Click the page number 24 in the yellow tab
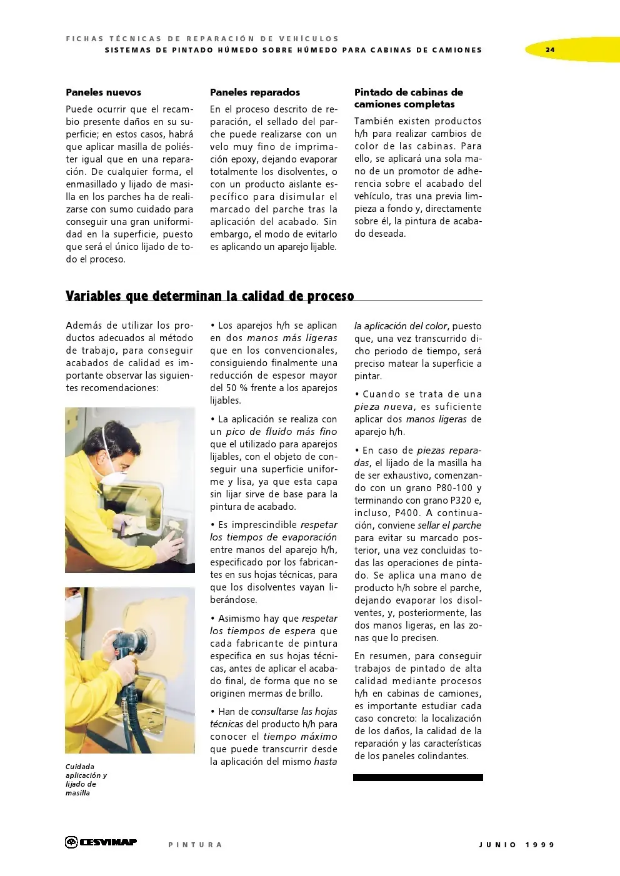pyautogui.click(x=549, y=49)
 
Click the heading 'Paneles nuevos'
pyautogui.click(x=103, y=92)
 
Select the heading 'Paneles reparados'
pyautogui.click(x=255, y=92)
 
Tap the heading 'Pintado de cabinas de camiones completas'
pyautogui.click(x=409, y=98)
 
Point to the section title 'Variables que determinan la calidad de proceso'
pyautogui.click(x=210, y=296)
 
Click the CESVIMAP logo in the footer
pyautogui.click(x=101, y=842)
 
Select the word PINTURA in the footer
pyautogui.click(x=195, y=845)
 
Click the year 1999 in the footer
pyautogui.click(x=540, y=845)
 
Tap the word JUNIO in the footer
pyautogui.click(x=498, y=845)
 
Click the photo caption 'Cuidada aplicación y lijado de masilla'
pyautogui.click(x=86, y=780)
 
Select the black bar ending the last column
pyautogui.click(x=418, y=778)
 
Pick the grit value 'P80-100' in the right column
pyautogui.click(x=432, y=488)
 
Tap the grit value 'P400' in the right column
pyautogui.click(x=407, y=513)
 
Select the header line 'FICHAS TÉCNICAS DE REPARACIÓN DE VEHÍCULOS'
pyautogui.click(x=202, y=39)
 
